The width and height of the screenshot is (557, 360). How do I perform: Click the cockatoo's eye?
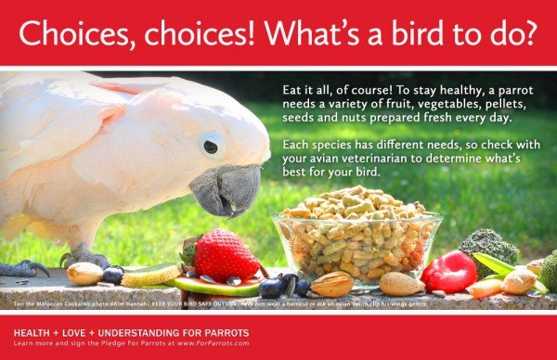coord(213,146)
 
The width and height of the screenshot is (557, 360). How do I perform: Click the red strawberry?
coord(225,255)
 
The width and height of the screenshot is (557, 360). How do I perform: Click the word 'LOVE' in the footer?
coord(79,331)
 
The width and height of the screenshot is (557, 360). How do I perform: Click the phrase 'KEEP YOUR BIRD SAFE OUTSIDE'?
coord(203,302)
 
